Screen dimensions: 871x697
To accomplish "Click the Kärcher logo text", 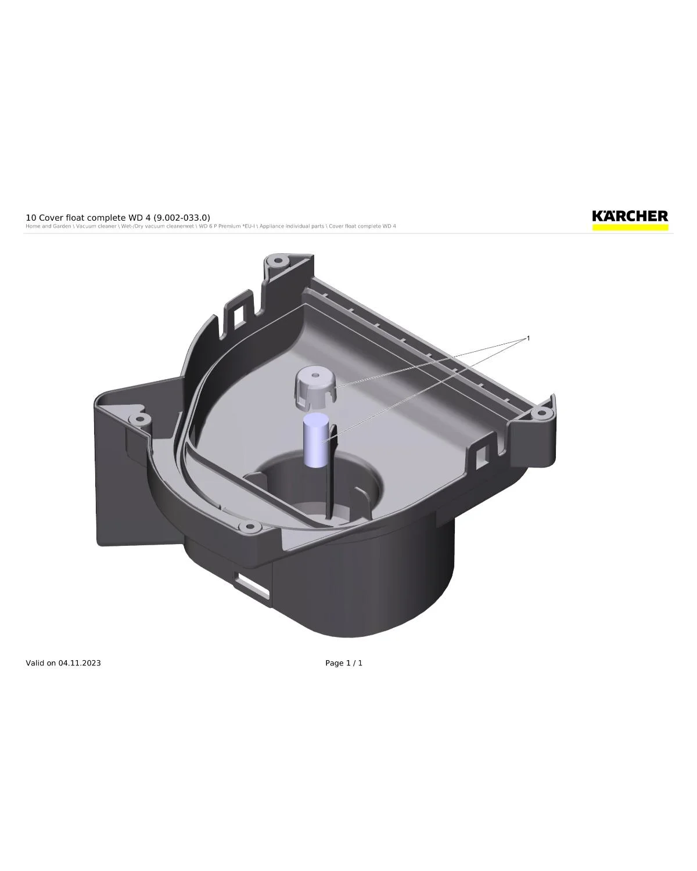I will pyautogui.click(x=630, y=216).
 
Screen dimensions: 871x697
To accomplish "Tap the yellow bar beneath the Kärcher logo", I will pyautogui.click(x=630, y=228).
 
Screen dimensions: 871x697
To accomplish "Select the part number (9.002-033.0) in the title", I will pyautogui.click(x=182, y=218).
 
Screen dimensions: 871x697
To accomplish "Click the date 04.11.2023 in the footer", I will pyautogui.click(x=80, y=663).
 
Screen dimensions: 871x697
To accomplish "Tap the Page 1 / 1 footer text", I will pyautogui.click(x=344, y=663).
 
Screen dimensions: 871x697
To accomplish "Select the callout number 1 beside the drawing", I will pyautogui.click(x=528, y=338).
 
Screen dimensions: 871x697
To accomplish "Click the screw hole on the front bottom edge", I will pyautogui.click(x=250, y=527).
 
